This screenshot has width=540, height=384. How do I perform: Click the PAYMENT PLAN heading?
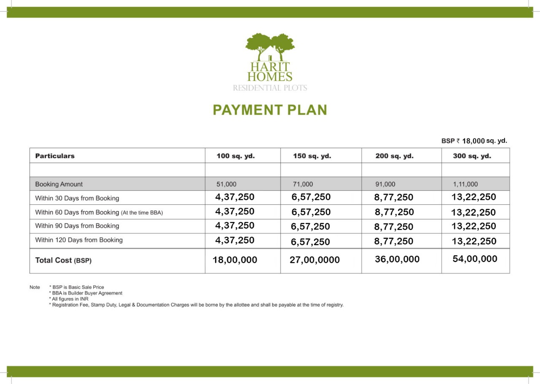pos(270,110)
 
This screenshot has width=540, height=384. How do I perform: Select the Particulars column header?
pos(55,156)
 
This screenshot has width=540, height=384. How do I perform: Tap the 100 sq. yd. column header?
pos(236,156)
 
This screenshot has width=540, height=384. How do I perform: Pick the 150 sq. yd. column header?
pos(312,156)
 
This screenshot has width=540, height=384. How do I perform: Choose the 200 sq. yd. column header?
pos(394,156)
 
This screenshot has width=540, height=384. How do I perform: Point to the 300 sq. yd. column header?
pos(472,156)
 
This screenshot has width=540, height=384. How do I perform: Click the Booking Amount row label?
pos(59,184)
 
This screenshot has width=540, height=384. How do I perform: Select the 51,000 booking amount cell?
pos(227,184)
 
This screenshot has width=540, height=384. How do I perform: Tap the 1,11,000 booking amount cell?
pos(465,184)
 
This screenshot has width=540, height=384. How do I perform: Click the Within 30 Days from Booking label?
pos(77,198)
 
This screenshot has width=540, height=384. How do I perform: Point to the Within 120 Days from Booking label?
pos(79,240)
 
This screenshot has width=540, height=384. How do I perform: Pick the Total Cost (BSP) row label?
pos(63,260)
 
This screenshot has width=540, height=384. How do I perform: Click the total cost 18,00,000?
pos(235,260)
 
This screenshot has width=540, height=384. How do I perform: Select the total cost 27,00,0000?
pos(315,260)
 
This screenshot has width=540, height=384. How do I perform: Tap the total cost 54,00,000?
pos(475,259)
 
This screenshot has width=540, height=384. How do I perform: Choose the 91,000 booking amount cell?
pos(386,184)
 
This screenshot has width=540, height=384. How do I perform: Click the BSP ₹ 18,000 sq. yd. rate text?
pos(474,141)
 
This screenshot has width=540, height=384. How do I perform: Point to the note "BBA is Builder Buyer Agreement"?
pos(87,293)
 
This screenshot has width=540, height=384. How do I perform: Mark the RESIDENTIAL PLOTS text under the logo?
pos(270,88)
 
